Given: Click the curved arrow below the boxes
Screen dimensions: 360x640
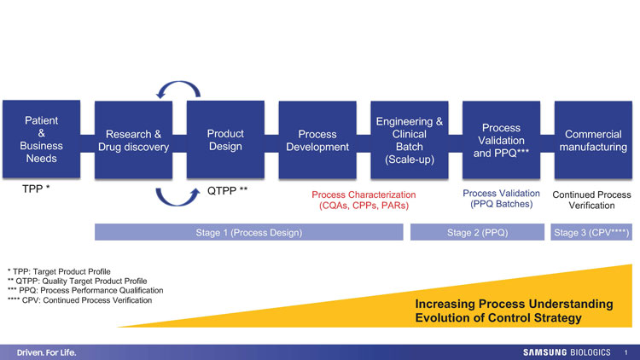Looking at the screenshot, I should tap(178, 195).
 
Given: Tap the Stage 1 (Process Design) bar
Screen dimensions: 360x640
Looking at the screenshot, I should tap(248, 231).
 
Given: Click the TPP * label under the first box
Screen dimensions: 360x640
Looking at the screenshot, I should tap(35, 188).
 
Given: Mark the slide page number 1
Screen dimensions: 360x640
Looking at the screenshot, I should tap(626, 351).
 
